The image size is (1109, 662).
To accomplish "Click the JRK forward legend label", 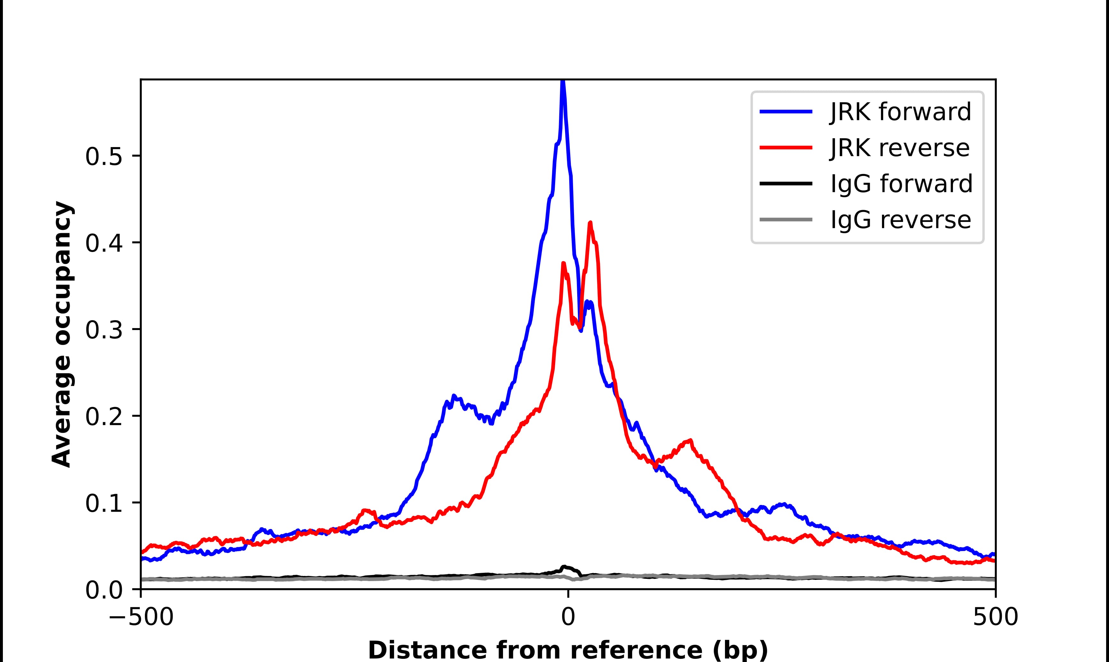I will point(900,112).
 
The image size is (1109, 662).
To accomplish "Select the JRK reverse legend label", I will point(900,148).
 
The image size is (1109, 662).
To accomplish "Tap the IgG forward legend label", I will point(901,184).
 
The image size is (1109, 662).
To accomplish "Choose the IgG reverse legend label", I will point(900,220).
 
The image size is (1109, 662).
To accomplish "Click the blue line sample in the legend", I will point(786,112).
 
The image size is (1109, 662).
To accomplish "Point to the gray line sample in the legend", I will point(786,219).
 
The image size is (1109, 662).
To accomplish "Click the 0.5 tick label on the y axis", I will point(104,157).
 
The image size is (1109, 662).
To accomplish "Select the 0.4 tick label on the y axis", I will point(104,244).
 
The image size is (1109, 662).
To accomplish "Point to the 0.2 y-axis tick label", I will point(104,417).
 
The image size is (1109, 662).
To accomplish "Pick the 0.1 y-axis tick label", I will point(104,504).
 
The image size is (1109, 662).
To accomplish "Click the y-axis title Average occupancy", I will point(61,334).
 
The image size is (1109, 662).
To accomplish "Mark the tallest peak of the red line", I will point(590,223).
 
